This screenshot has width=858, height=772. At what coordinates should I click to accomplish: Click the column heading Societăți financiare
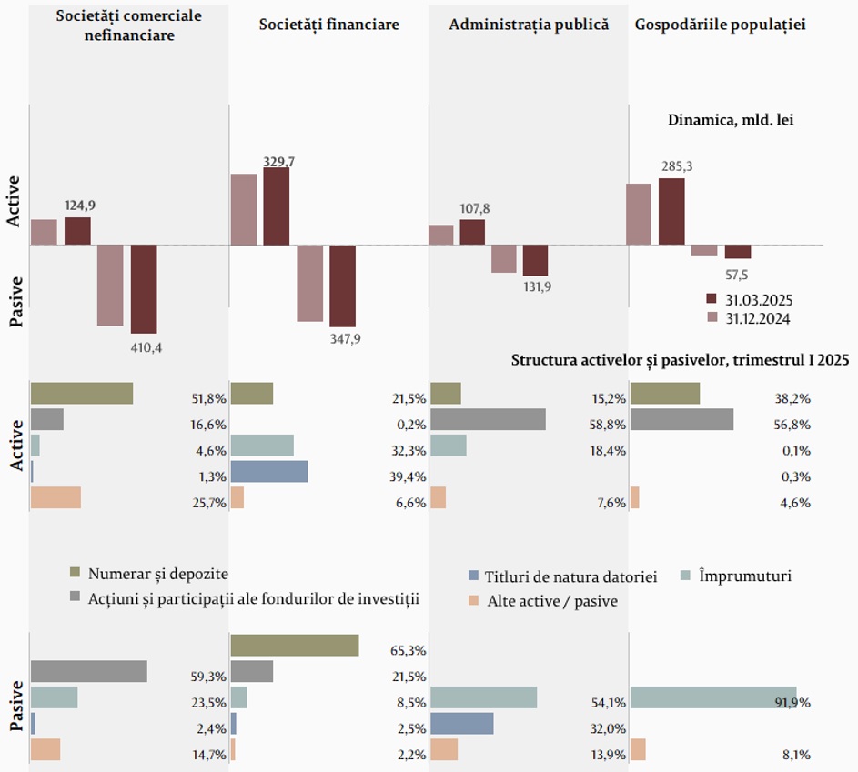pos(328,25)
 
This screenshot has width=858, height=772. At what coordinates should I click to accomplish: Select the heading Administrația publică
pos(529,25)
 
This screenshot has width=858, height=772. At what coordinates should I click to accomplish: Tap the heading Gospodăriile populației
pos(720,25)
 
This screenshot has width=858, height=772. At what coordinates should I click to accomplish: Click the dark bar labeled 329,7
pos(276,206)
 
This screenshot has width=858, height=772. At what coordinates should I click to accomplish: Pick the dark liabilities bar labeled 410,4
pos(144,288)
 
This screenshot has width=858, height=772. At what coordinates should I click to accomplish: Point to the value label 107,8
pos(475,209)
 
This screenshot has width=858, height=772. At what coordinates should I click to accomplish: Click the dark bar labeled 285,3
pos(671,211)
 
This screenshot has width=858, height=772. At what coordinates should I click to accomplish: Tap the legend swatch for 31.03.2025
pos(712,299)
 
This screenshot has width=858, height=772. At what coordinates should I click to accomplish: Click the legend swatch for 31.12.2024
pos(712,318)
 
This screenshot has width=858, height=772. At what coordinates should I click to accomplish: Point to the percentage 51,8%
pos(208,398)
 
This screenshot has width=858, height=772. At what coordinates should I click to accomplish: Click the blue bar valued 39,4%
pos(268,471)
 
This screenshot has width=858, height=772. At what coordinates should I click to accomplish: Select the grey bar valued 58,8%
pos(488,419)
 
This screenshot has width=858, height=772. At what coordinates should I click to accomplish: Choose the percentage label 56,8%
pos(792,425)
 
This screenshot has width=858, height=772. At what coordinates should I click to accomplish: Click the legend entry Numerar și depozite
pos(158,574)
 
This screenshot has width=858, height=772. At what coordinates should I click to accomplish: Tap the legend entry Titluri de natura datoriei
pos(571,577)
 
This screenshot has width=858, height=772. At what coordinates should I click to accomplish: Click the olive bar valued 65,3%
pos(294,645)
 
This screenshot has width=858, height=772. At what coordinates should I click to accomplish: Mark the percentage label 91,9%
pos(792,703)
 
